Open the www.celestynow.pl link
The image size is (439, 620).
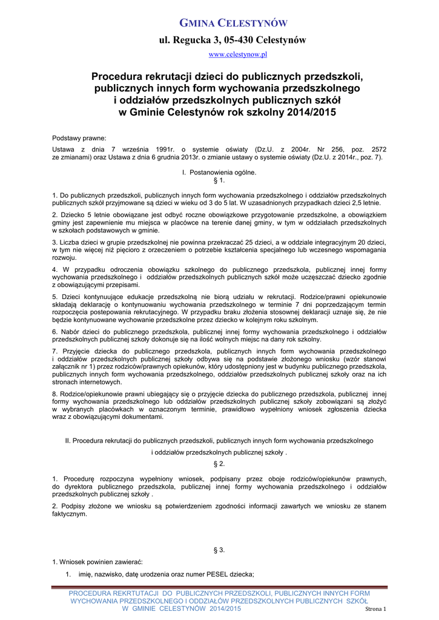pyautogui.click(x=237, y=54)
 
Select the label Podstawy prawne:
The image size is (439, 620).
pyautogui.click(x=79, y=137)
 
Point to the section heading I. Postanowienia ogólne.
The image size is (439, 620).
pyautogui.click(x=219, y=173)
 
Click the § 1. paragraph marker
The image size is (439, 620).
pyautogui.click(x=219, y=180)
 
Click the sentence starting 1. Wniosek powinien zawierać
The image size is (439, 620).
pyautogui.click(x=97, y=561)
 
